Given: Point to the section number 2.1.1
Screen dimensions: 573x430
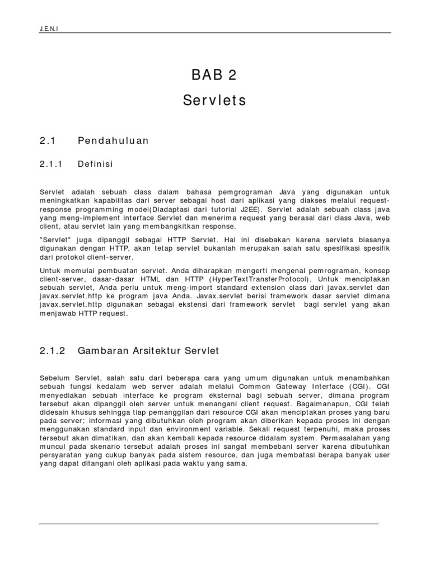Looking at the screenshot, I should click(53, 164).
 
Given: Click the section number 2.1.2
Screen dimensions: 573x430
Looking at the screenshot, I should click(53, 351).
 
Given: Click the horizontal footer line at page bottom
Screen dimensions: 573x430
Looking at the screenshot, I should click(208, 524).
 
